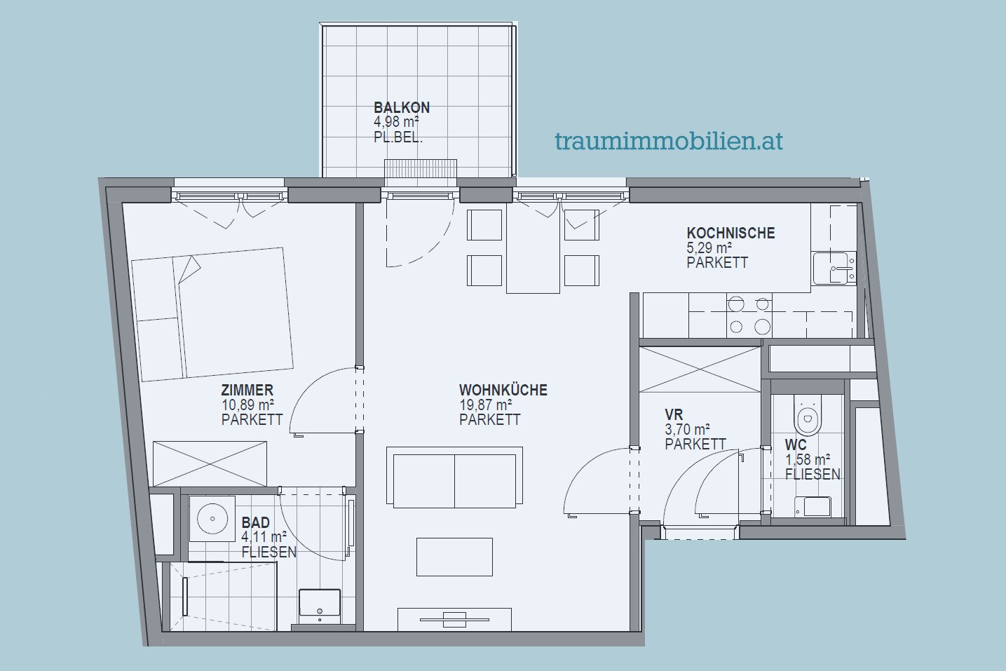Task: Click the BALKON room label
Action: pyautogui.click(x=402, y=108)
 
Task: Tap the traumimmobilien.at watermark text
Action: pyautogui.click(x=669, y=141)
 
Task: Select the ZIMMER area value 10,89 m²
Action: pyautogui.click(x=247, y=405)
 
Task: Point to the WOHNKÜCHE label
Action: pyautogui.click(x=503, y=390)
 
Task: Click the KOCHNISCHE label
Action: pyautogui.click(x=730, y=233)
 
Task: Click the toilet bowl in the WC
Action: pyautogui.click(x=808, y=416)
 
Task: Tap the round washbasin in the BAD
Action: pyautogui.click(x=212, y=519)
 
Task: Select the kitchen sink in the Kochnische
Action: pyautogui.click(x=834, y=268)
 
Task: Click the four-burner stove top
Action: pyautogui.click(x=749, y=316)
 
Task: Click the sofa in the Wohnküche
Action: pyautogui.click(x=454, y=477)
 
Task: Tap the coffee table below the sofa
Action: pyautogui.click(x=454, y=557)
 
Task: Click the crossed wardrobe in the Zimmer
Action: pyautogui.click(x=210, y=464)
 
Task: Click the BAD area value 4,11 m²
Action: pyautogui.click(x=264, y=536)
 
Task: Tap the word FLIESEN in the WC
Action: pyautogui.click(x=813, y=474)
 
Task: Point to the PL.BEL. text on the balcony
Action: pyautogui.click(x=398, y=137)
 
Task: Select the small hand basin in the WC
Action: pyautogui.click(x=813, y=506)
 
